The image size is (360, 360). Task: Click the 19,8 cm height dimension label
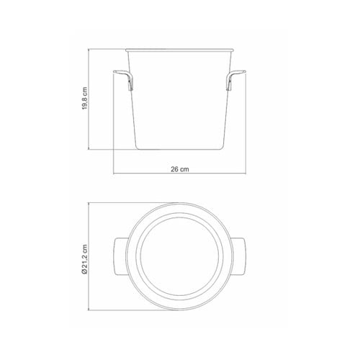(x=85, y=99)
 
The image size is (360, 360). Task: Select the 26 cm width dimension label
(x=180, y=169)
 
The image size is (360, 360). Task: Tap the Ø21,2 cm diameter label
(x=84, y=259)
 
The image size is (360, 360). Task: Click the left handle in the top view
(x=120, y=256)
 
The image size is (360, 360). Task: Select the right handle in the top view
(x=239, y=256)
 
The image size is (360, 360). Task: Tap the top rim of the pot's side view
(x=179, y=50)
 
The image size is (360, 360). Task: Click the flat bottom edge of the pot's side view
(x=179, y=150)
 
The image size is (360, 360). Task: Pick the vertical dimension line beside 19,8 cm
(x=89, y=99)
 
